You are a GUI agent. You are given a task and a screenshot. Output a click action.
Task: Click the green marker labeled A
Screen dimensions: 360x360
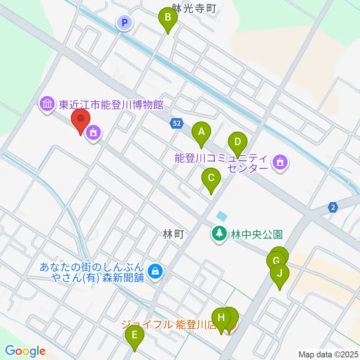coord(201,132)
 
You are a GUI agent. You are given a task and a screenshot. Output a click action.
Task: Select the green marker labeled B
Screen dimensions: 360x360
coord(168,18)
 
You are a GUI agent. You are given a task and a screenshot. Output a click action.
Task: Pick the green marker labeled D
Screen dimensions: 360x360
coord(237,142)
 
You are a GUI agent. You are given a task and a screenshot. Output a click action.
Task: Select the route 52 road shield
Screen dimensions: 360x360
coord(177,123)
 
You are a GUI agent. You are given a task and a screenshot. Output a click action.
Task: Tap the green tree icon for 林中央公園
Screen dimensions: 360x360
coord(218,234)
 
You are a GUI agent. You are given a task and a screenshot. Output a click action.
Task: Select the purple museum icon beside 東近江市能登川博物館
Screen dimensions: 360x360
coord(47,104)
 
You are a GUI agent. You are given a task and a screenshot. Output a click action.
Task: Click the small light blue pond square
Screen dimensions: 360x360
coord(222,216)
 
